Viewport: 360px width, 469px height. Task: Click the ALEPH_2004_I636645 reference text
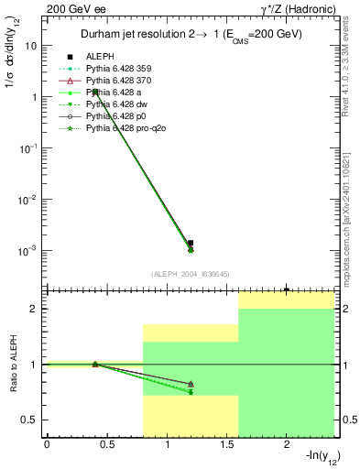point(190,274)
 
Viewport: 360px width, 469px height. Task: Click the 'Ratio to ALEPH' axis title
point(14,364)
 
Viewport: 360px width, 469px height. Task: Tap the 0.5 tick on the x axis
point(106,444)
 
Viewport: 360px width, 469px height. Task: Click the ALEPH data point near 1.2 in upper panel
point(191,243)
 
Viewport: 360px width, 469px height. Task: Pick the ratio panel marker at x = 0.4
point(94,364)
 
